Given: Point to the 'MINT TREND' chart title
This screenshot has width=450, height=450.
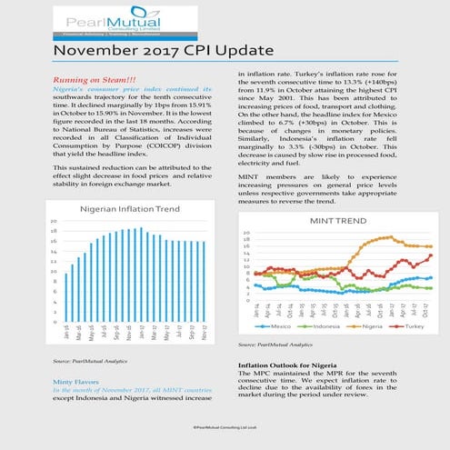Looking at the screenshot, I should click(342, 220).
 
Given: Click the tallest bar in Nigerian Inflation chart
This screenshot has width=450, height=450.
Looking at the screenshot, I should click(140, 274).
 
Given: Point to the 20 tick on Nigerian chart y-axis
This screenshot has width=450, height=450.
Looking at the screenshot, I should click(54, 222).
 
